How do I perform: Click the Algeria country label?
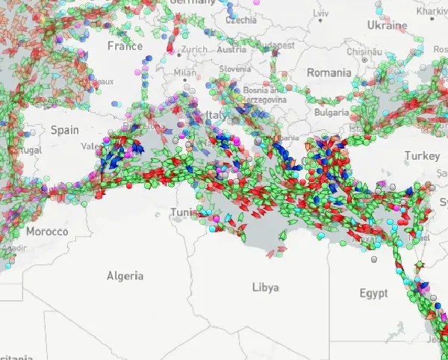(x=125, y=276)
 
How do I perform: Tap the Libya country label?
(x=267, y=288)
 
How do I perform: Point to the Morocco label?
(x=46, y=232)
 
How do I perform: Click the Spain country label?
(x=64, y=130)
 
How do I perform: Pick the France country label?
(x=124, y=46)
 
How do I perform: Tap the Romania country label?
(x=329, y=73)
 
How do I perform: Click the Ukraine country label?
(x=388, y=25)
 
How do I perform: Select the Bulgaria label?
(x=331, y=113)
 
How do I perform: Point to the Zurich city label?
(x=194, y=50)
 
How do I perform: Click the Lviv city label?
(x=320, y=13)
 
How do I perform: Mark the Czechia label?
(x=240, y=21)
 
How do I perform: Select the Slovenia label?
(x=234, y=69)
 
